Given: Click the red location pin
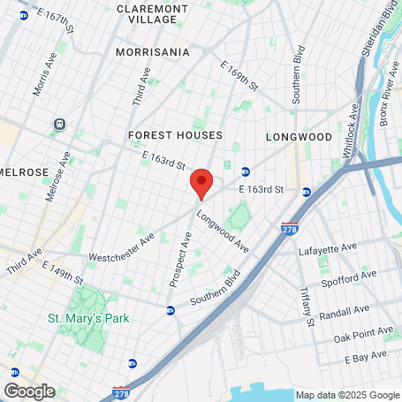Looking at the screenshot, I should [201, 183].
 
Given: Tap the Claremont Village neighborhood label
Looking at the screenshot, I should [152, 14].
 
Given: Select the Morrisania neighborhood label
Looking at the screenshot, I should [152, 52].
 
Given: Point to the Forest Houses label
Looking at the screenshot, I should [175, 135].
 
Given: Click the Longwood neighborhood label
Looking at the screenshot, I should [299, 137].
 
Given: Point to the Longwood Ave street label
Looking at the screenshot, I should [222, 231].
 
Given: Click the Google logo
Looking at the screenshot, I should [29, 391].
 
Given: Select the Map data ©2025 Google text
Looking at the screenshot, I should [346, 395].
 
